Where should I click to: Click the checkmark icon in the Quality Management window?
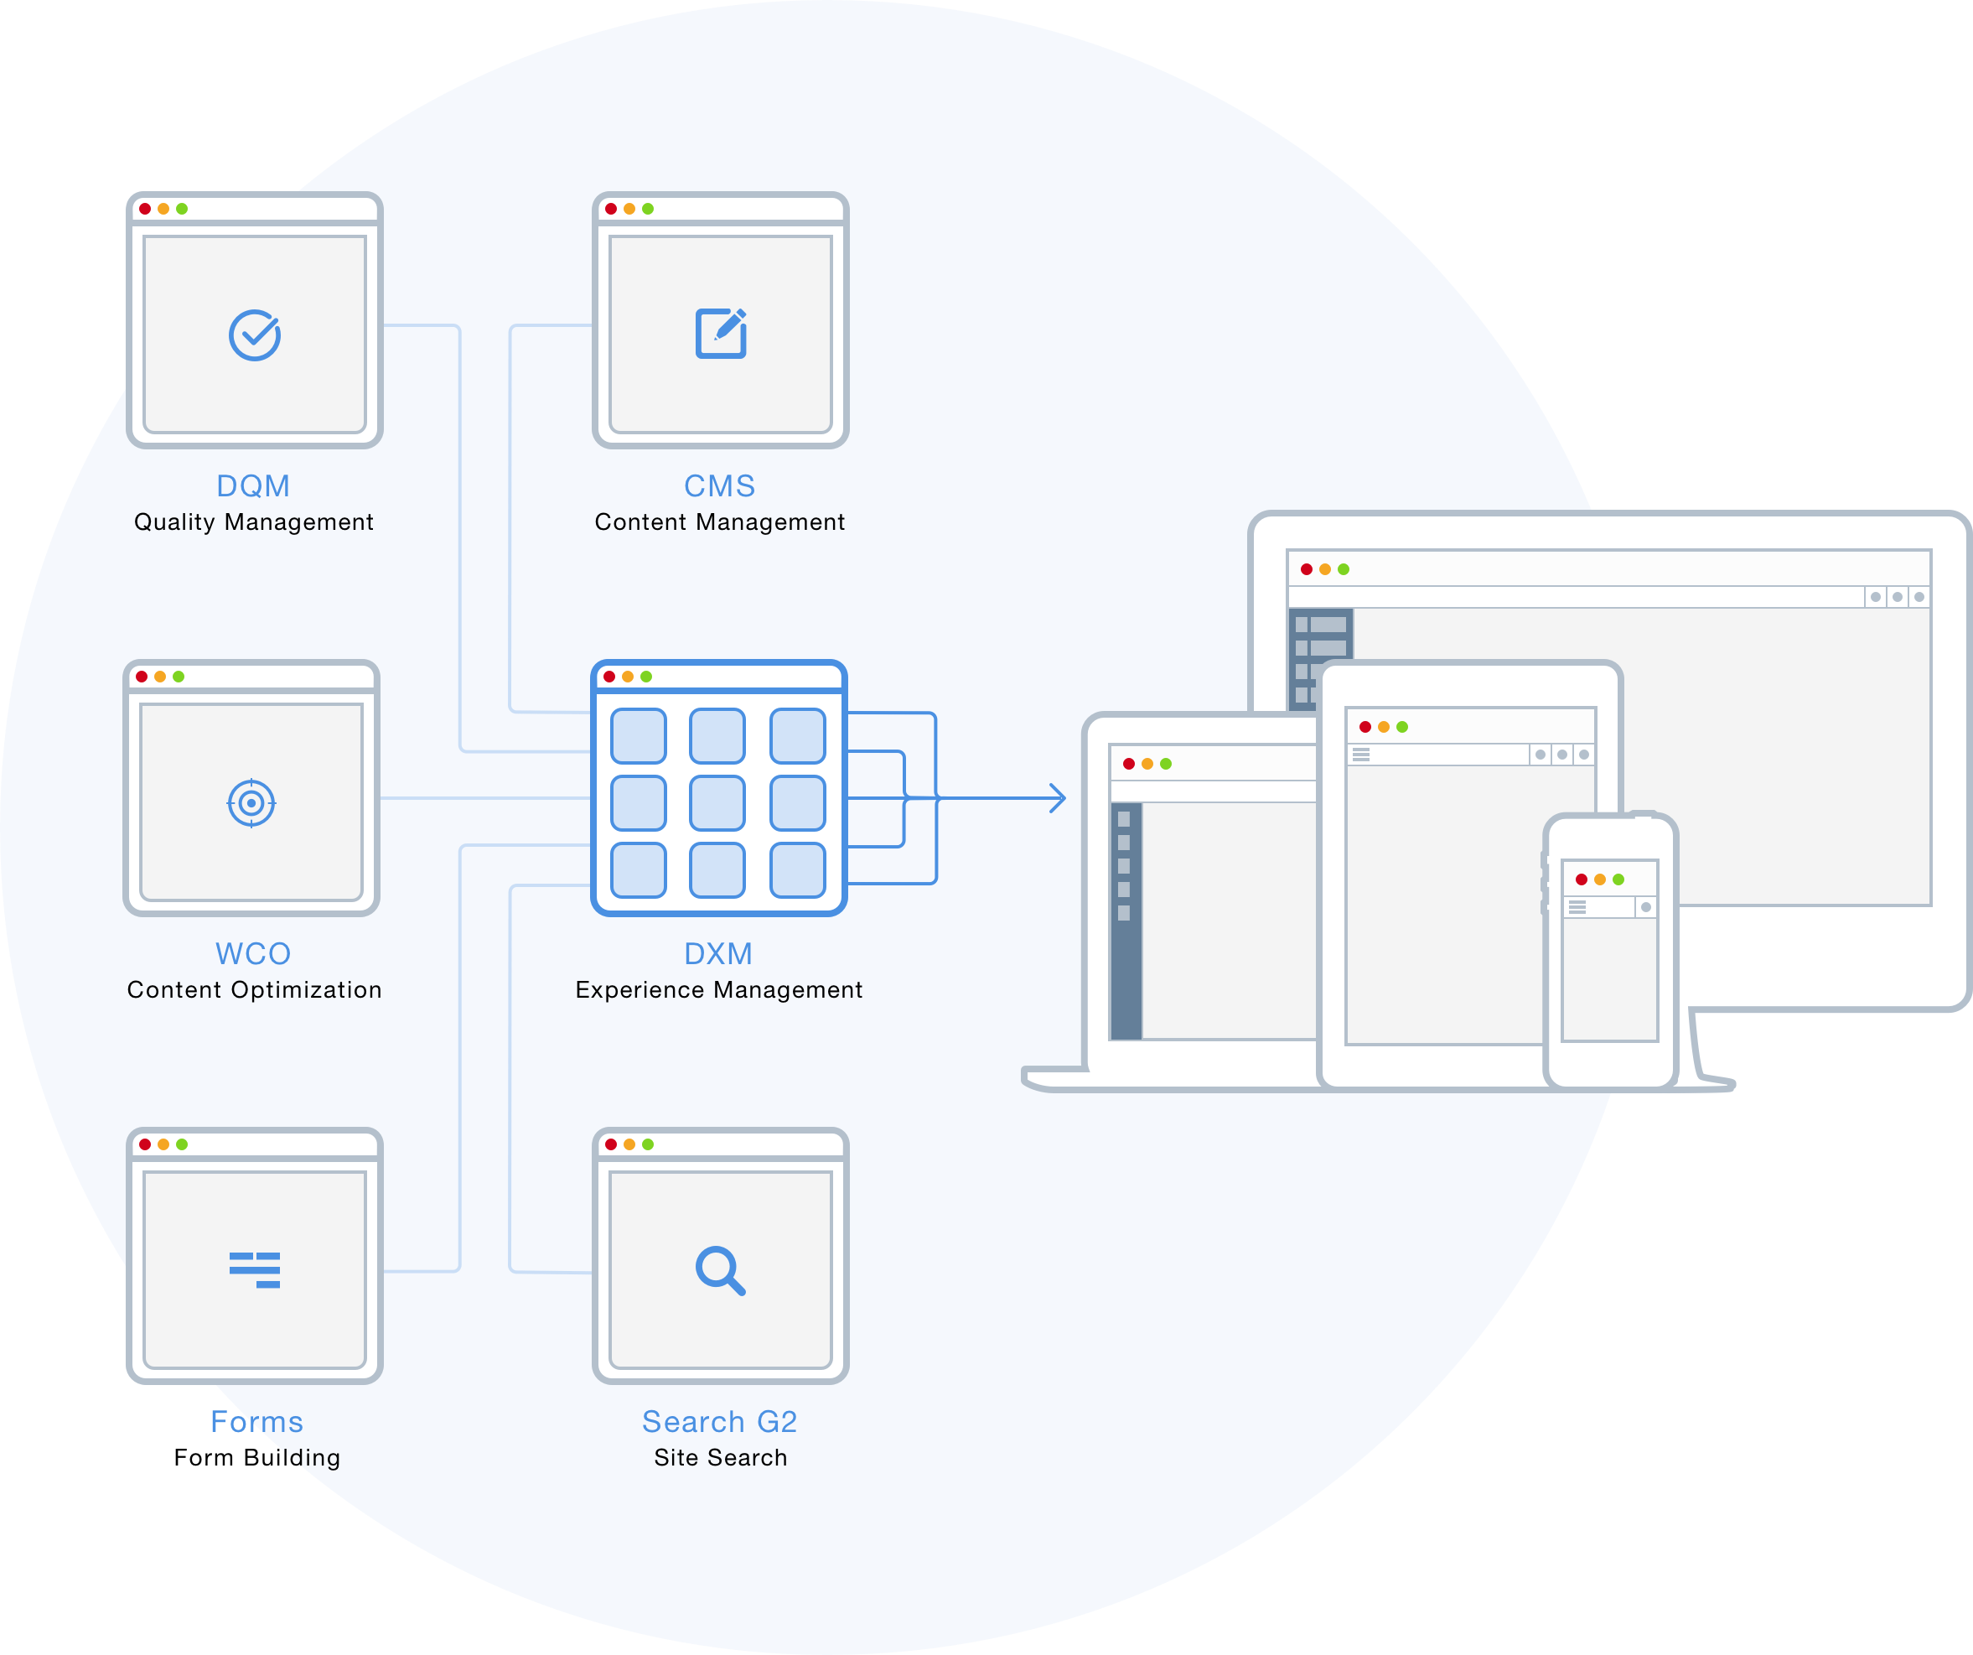point(255,335)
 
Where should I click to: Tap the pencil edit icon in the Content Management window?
point(721,333)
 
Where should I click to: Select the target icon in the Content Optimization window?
point(251,802)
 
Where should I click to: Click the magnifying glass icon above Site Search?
point(720,1271)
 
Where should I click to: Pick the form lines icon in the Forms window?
point(255,1269)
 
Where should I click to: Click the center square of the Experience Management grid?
point(717,802)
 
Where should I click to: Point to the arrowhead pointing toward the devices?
point(1059,798)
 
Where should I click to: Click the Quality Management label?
point(254,522)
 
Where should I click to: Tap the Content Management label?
point(720,522)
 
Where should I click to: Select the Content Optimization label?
point(254,990)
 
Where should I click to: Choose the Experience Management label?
point(719,990)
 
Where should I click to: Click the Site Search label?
point(721,1458)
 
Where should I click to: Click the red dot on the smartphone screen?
point(1582,879)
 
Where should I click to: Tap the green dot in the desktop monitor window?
point(1344,569)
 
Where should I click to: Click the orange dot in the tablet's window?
point(1383,726)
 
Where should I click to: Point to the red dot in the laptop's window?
point(1128,764)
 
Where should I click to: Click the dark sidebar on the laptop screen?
point(1126,921)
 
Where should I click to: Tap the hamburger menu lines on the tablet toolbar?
point(1360,755)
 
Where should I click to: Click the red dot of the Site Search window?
point(611,1144)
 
